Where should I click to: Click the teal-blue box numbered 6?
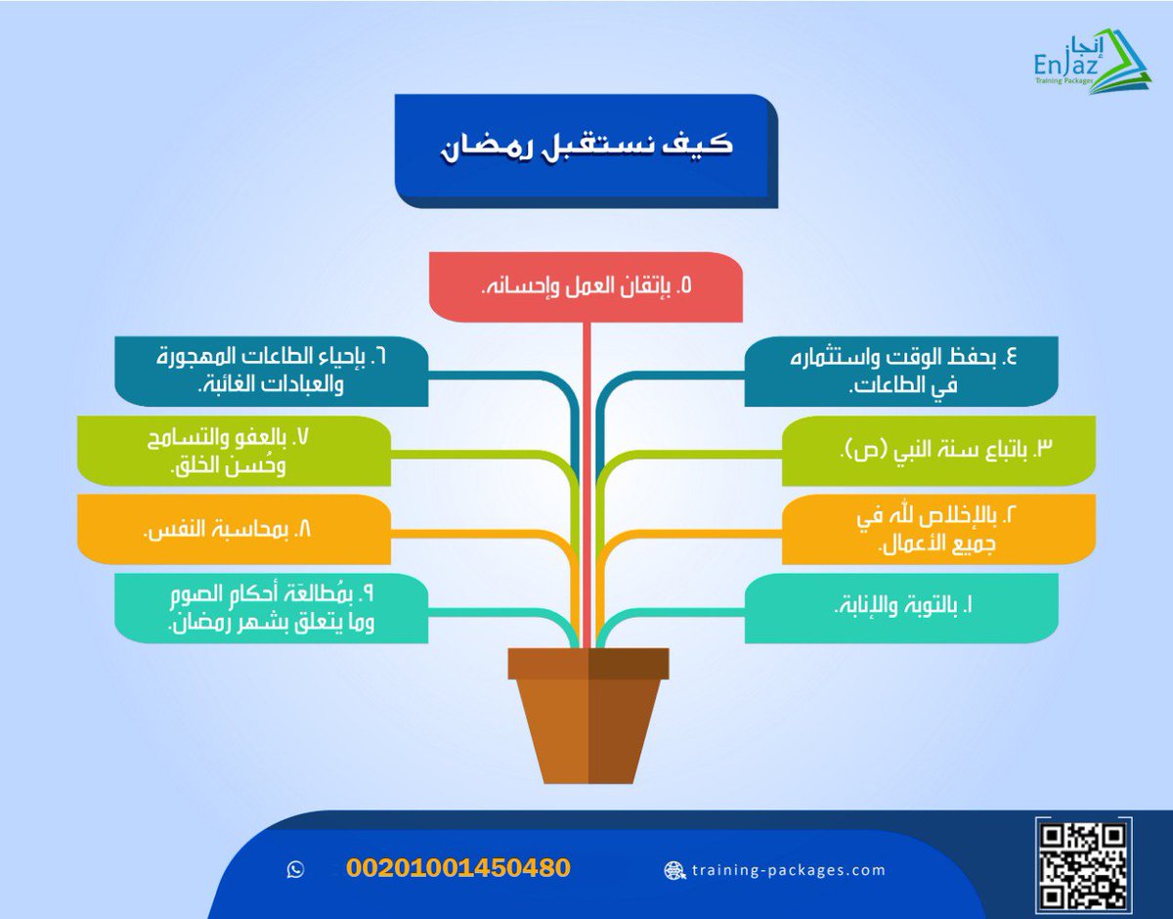(271, 370)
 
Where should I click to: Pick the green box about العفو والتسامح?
(234, 450)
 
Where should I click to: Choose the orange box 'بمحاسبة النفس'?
(234, 529)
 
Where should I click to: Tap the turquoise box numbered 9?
(271, 608)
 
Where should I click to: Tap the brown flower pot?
(587, 728)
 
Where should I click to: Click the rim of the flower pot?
(587, 663)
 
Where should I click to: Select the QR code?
(1084, 863)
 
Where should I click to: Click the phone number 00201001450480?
(457, 868)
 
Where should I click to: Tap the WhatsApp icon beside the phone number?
(296, 869)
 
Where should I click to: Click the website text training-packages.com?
(788, 869)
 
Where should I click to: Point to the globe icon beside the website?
(673, 869)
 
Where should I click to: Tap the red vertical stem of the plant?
(586, 469)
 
